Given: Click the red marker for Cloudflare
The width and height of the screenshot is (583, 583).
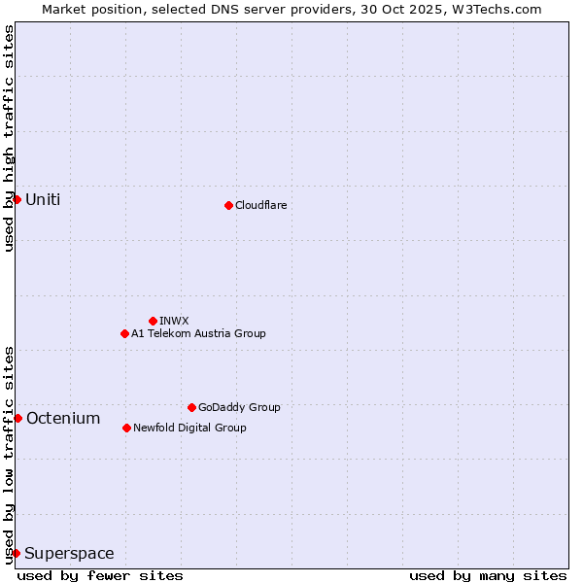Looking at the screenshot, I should pos(228,205).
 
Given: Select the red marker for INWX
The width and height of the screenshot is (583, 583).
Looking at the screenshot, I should pos(153,321).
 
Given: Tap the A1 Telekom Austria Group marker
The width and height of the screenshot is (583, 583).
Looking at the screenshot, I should pos(124,333).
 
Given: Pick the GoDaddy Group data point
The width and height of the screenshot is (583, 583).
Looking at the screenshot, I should pos(191,407).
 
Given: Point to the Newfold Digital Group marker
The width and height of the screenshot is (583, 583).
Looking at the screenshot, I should pos(126,428).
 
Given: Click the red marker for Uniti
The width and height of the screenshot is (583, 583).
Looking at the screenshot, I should pos(17,199).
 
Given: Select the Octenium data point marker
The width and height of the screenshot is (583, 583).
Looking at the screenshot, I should pos(17,418).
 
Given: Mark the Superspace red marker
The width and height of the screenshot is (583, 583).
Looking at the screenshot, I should pos(16,553).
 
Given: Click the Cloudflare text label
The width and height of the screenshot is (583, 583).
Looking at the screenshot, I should pos(260,205).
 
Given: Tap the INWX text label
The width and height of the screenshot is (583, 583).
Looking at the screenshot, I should pos(174,321).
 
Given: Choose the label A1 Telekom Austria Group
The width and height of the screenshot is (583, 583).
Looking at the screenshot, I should pos(198,333).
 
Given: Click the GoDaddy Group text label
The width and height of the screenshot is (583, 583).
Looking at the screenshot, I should pos(239,407).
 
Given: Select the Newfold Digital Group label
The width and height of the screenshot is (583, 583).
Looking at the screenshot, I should pos(189,428).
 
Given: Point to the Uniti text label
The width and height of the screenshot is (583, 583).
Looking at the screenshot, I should pos(43,200).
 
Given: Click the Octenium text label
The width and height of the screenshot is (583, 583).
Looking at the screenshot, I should pos(63,419).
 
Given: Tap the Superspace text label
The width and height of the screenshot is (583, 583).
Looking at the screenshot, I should pos(69,554).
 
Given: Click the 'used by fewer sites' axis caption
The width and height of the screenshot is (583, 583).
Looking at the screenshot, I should pos(100,575).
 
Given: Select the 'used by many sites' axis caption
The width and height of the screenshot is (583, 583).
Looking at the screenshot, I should pos(488,575).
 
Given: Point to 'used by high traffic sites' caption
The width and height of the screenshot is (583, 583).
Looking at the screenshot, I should pos(9,138).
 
